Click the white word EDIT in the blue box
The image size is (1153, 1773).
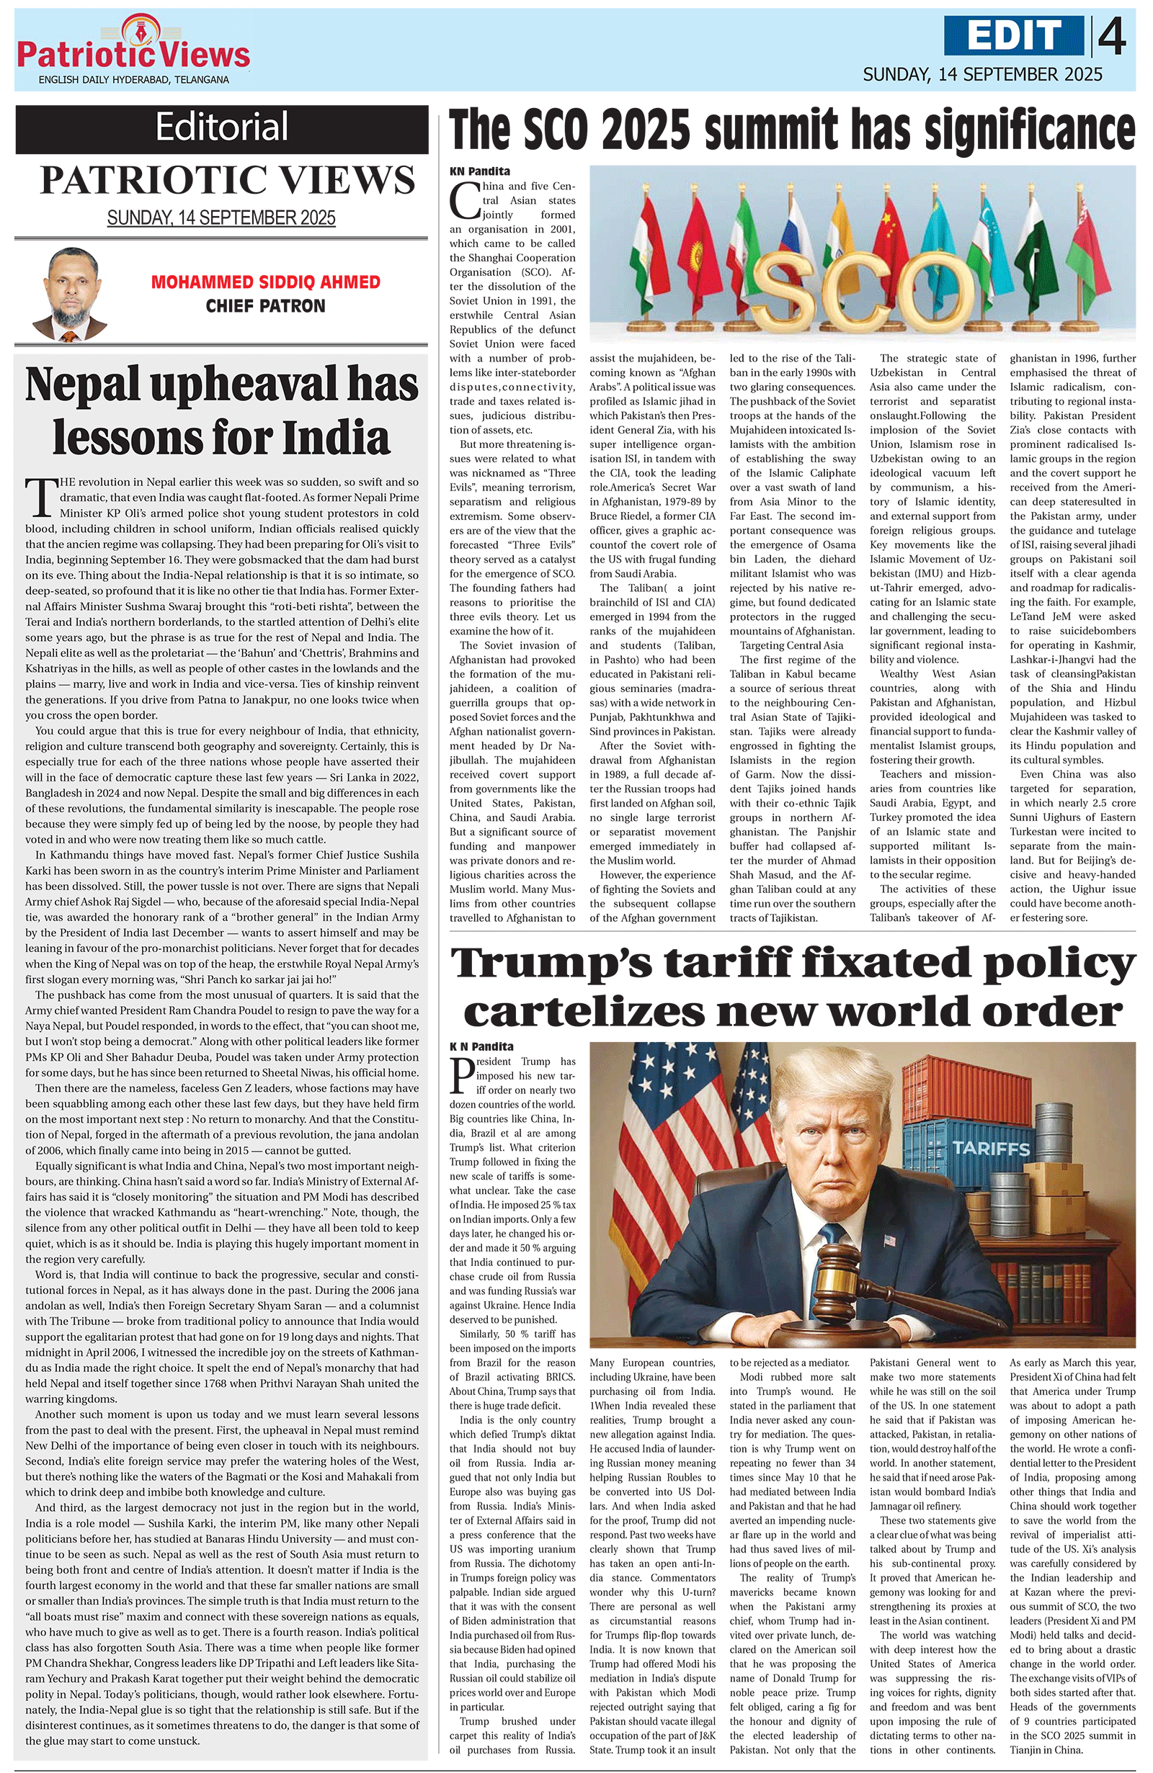[1015, 36]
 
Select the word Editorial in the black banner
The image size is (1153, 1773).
[221, 127]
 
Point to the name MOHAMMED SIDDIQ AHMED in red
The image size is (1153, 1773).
[265, 282]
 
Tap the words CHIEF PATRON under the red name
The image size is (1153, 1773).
[265, 306]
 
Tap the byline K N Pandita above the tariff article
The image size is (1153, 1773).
[481, 1046]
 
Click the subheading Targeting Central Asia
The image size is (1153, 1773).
[791, 645]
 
